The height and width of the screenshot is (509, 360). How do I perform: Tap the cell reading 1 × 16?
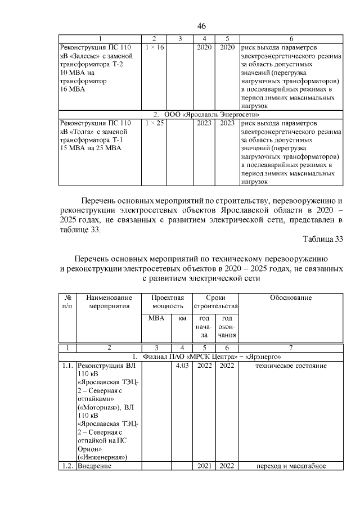[x=154, y=47]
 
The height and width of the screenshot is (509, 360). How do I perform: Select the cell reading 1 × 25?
[x=154, y=123]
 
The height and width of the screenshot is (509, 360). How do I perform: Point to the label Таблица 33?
[x=323, y=239]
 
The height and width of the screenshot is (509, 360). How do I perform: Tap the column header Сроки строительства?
[x=215, y=301]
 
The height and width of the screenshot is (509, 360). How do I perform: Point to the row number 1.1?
[x=67, y=366]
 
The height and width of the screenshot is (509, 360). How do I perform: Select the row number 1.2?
[x=67, y=466]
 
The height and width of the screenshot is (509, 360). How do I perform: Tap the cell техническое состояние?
[x=291, y=366]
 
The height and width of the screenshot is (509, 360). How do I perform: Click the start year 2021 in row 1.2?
[x=203, y=466]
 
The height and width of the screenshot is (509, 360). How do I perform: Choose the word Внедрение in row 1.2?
[x=94, y=466]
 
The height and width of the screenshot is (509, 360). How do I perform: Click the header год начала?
[x=203, y=327]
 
